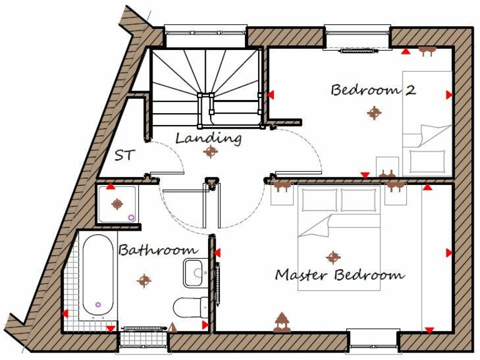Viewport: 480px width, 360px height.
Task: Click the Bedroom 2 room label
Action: (x=373, y=90)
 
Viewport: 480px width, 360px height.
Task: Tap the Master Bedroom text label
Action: (x=339, y=275)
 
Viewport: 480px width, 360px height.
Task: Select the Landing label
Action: (x=208, y=137)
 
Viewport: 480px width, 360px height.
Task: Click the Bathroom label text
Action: (x=158, y=250)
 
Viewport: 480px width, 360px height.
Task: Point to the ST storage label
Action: (x=124, y=155)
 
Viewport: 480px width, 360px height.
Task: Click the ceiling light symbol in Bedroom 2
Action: (x=374, y=113)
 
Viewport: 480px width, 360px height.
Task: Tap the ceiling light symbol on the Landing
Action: (x=209, y=152)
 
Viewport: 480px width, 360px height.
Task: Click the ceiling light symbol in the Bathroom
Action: (x=144, y=281)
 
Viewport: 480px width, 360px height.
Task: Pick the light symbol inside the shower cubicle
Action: (x=117, y=204)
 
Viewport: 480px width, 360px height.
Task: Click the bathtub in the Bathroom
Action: (x=98, y=276)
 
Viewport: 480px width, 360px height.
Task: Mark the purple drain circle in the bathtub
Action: (x=98, y=304)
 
